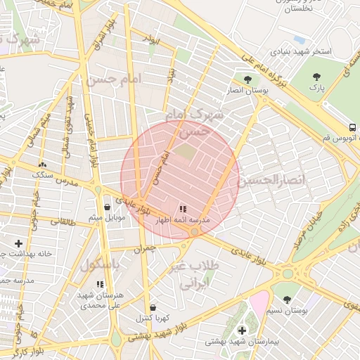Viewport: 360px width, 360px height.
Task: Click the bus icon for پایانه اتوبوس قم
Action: point(352,127)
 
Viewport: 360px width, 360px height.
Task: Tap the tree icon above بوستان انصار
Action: point(247,79)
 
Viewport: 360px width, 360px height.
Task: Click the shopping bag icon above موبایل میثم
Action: point(107,207)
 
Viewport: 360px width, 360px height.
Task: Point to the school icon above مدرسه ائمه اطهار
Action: point(183,209)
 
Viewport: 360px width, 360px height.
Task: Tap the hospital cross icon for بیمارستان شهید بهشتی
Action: point(242,330)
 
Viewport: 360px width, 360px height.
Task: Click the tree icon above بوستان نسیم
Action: point(288,299)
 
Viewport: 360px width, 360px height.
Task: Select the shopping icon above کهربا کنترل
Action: point(153,307)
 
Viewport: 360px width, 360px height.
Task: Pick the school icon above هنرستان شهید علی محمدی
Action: point(100,284)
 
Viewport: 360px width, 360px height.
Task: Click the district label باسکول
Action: point(98,265)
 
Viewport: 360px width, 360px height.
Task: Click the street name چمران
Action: point(142,247)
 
